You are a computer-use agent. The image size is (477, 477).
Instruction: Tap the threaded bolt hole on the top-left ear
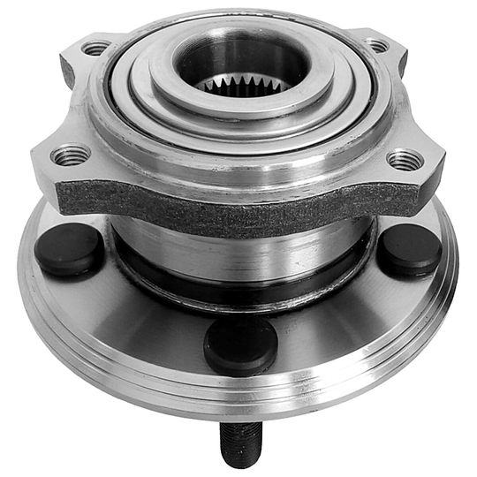(x=96, y=48)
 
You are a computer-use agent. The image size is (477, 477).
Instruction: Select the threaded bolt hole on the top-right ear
(x=378, y=45)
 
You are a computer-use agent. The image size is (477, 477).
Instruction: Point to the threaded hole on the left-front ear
(x=70, y=156)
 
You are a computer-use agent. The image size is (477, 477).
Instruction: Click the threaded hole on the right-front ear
(x=405, y=160)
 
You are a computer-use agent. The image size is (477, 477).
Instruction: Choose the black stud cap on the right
(x=411, y=246)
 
